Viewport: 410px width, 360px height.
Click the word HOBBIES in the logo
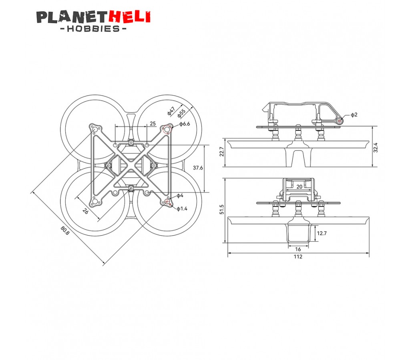point(93,28)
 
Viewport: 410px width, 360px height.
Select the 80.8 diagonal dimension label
point(65,230)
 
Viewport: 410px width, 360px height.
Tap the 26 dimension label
point(85,211)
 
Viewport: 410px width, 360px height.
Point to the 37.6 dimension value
point(198,168)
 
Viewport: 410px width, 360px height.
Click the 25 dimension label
point(153,124)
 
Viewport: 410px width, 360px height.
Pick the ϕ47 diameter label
point(171,111)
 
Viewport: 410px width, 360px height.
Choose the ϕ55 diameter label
point(181,113)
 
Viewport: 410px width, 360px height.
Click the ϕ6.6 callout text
point(185,124)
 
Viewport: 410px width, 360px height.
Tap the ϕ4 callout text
point(180,196)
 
